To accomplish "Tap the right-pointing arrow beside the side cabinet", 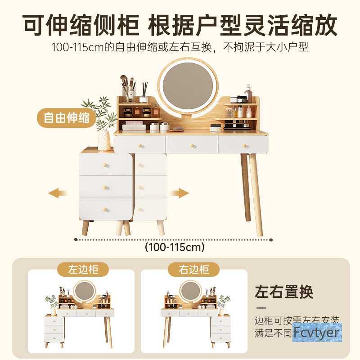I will click(179, 193).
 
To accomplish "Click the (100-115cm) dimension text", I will click(175, 247).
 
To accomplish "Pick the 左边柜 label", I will click(84, 270).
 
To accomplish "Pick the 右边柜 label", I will click(195, 270).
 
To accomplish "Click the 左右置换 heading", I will click(284, 292).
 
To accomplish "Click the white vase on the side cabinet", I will click(104, 140).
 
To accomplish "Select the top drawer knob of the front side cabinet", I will click(106, 165).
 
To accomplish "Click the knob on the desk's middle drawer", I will click(192, 145).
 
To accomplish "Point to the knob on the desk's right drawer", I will click(245, 145).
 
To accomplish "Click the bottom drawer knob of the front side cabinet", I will click(107, 208).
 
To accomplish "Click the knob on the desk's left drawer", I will click(139, 145).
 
